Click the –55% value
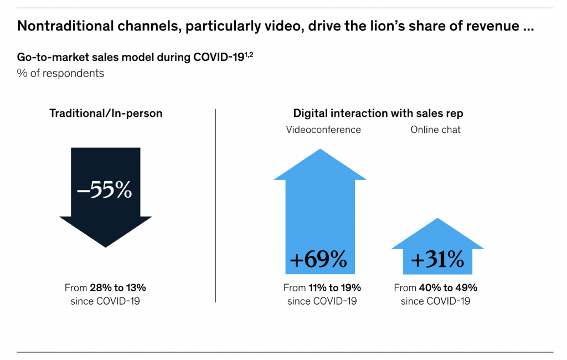(x=105, y=189)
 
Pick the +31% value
(x=437, y=259)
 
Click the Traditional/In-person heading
(x=106, y=114)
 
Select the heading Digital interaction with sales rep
(x=378, y=114)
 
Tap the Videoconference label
(x=323, y=130)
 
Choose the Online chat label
(x=435, y=130)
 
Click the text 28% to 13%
(x=118, y=288)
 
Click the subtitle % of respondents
(x=60, y=73)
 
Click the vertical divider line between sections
(x=215, y=205)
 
